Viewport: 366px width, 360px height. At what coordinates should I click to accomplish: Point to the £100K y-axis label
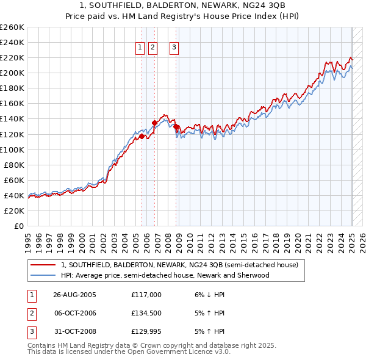(13, 149)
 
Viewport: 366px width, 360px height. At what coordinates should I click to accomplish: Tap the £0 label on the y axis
(18, 226)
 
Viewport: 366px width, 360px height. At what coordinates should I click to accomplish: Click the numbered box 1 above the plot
(140, 48)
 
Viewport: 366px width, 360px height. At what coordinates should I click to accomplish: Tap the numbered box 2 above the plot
(152, 48)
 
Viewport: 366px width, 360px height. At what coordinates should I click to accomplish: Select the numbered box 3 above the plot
(174, 48)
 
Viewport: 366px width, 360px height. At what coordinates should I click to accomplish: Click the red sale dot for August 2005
(142, 137)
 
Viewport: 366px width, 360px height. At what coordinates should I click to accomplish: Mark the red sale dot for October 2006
(154, 123)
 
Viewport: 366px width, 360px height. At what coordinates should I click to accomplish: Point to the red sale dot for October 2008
(176, 126)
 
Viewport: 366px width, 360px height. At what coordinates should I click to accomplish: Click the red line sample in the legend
(43, 265)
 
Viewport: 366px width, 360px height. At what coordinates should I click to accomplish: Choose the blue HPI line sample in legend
(43, 275)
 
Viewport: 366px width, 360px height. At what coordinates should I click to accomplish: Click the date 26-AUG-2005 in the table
(74, 295)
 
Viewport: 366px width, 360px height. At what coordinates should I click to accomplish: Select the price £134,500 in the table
(146, 313)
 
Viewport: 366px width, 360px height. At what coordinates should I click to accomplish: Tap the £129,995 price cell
(146, 331)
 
